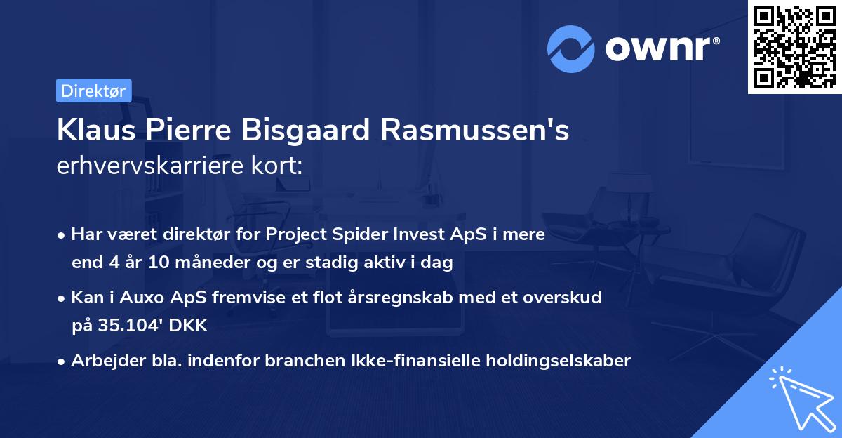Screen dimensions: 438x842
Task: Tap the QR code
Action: (x=794, y=46)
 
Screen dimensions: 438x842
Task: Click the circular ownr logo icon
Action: (x=570, y=48)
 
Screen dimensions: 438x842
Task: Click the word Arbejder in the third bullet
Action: (x=100, y=360)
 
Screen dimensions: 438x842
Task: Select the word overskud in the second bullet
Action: (x=567, y=297)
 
